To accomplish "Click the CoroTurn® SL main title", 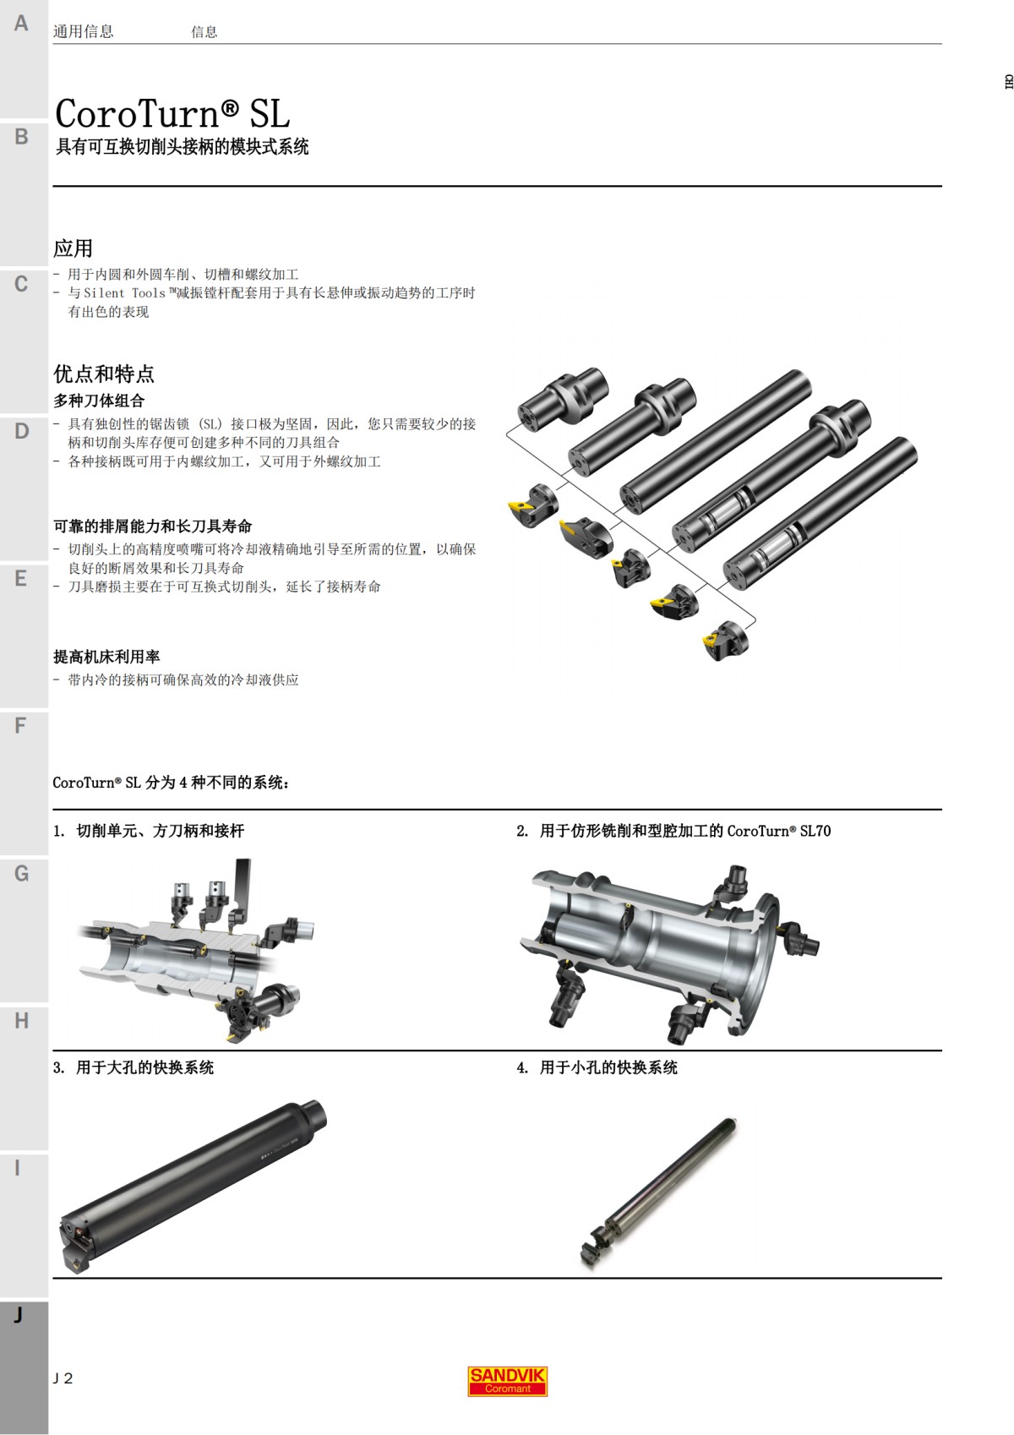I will tap(172, 113).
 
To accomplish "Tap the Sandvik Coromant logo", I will tap(507, 1381).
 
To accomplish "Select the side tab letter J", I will tap(18, 1315).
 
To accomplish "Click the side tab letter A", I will tap(21, 24).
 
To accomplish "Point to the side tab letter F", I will tap(21, 726).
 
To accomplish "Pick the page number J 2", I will tap(63, 1378).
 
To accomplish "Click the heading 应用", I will tap(73, 248).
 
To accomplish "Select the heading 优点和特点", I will tap(104, 374).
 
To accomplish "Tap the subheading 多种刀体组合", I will tap(99, 401).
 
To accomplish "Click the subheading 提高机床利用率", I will tap(106, 657).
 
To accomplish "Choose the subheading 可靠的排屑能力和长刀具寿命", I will tap(153, 527).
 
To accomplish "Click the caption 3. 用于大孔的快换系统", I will tap(134, 1067).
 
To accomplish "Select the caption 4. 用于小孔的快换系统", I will tap(597, 1067).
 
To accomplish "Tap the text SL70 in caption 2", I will tap(815, 831).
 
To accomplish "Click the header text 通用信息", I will tap(83, 32).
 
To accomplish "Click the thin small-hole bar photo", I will tap(659, 1192).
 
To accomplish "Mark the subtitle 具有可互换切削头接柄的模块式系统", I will tap(182, 147).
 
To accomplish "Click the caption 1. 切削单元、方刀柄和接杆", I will tap(149, 831).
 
